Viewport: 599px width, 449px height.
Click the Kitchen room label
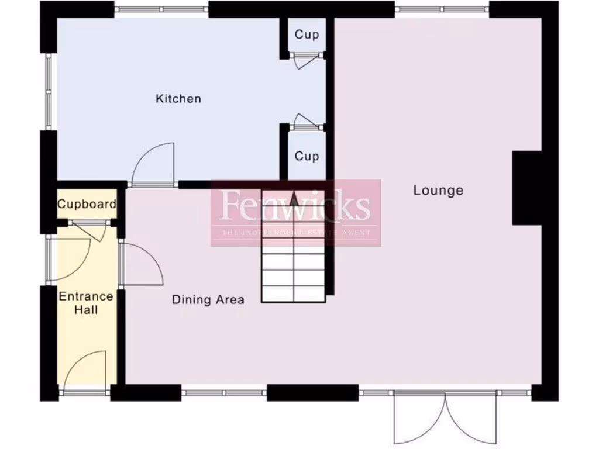[178, 99]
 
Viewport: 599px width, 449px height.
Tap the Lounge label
[438, 190]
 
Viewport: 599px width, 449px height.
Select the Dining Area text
[208, 300]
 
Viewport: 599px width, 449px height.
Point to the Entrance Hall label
[86, 303]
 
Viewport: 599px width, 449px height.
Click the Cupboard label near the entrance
[87, 205]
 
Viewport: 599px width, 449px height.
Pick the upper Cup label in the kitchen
[307, 34]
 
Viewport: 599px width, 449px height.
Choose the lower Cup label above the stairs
[307, 156]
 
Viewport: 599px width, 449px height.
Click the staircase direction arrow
[294, 199]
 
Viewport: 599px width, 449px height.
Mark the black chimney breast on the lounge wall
[527, 188]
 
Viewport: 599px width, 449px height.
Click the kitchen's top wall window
[161, 9]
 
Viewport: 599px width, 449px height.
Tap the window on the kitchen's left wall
[49, 94]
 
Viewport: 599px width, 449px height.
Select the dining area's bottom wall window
[225, 392]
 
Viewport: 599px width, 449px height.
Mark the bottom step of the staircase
[293, 294]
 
